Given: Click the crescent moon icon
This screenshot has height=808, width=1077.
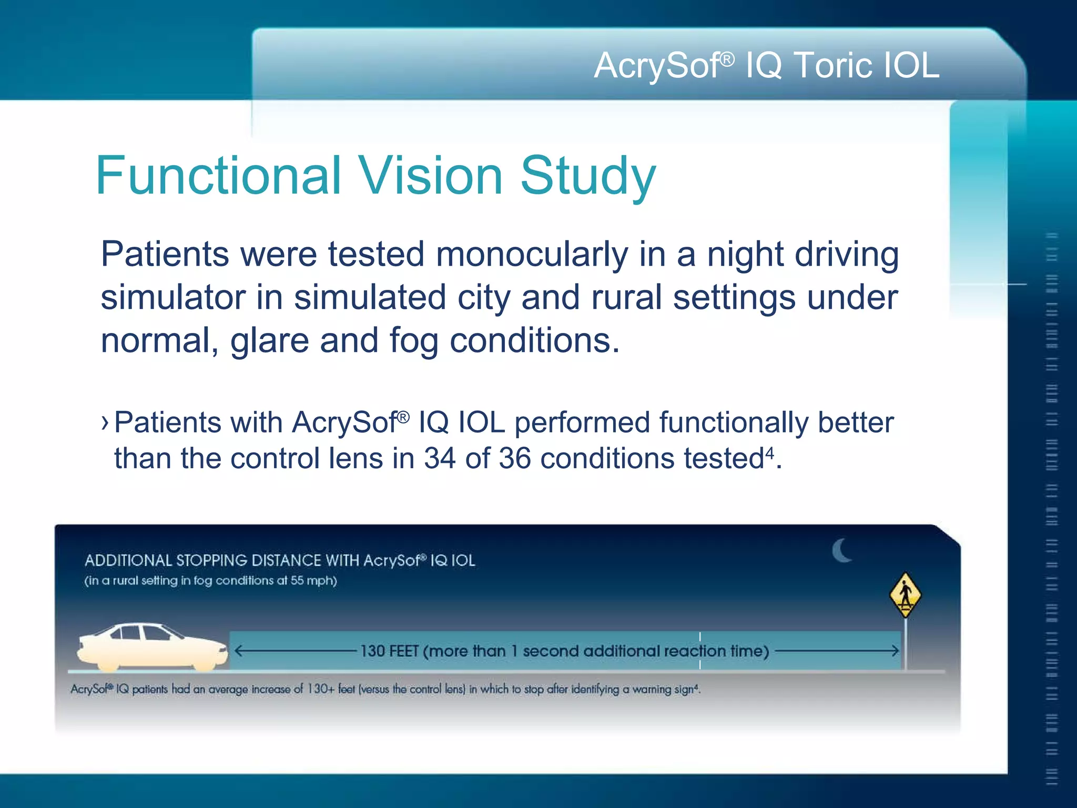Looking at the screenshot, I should point(841,550).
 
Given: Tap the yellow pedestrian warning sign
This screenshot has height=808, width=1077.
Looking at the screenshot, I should point(905,595).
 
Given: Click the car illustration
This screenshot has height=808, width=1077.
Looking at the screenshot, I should point(153,647).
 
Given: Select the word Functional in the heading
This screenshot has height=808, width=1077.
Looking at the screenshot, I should point(218,176).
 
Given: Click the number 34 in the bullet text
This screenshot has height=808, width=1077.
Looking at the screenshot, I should point(440,458).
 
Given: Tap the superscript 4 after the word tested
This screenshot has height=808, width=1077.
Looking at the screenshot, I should point(769,452).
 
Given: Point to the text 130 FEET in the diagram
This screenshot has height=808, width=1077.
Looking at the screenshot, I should point(389,651).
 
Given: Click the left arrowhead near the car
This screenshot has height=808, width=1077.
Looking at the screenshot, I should point(238,651).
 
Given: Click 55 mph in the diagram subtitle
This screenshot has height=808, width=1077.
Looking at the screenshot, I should point(313,581).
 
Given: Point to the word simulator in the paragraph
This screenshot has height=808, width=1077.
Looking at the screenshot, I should point(173,298).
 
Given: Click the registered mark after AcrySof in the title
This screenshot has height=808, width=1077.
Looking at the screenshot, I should point(727,59).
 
